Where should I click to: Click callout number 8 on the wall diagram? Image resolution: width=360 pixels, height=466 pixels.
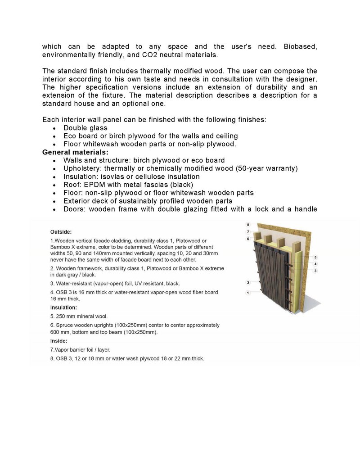pos(248,224)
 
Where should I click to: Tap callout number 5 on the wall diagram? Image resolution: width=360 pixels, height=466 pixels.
pos(315,257)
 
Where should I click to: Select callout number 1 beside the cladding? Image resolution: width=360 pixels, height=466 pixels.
pos(248,293)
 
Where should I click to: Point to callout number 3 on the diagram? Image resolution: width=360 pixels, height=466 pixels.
pos(315,271)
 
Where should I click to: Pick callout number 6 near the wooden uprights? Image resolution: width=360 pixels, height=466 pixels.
pos(248,239)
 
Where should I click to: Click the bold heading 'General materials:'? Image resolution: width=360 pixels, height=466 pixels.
pos(72,152)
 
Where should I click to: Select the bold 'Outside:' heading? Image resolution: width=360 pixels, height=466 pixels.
pos(61,232)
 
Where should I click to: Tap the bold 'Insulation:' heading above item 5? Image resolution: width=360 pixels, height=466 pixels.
pos(63,308)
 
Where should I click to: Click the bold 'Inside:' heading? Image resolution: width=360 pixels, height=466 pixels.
pos(59,341)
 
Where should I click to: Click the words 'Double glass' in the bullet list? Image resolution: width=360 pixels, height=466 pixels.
pos(85,128)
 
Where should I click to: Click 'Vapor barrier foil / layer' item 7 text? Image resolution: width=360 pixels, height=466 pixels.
pos(81,349)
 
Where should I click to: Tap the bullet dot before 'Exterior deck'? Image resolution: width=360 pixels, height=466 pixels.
pos(54,201)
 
